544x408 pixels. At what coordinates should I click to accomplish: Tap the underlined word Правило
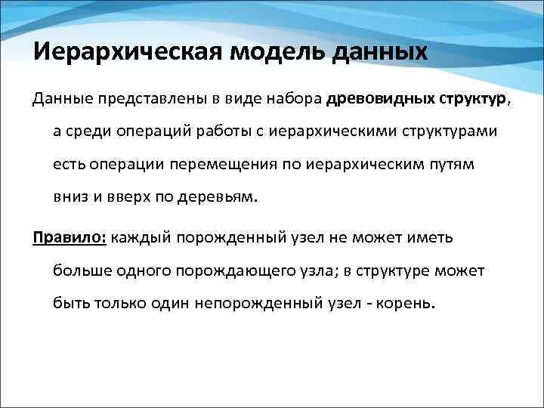69,237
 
